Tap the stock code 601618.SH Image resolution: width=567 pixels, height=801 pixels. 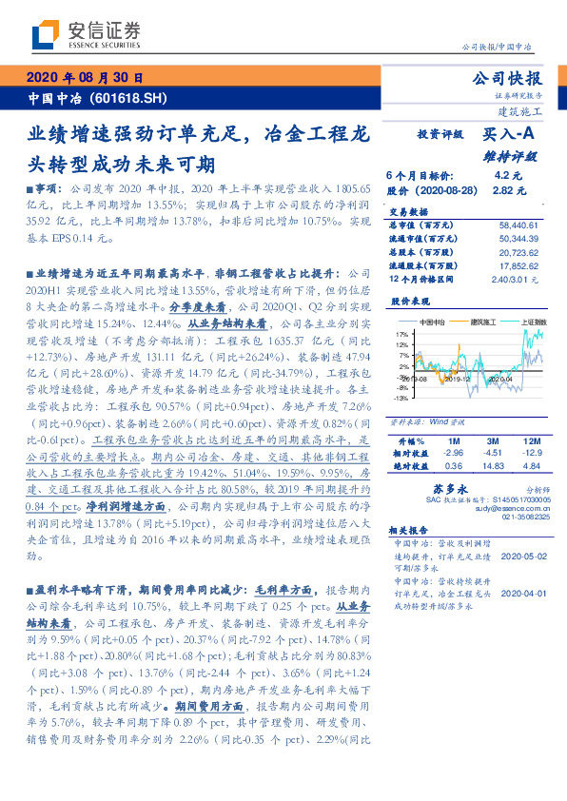pyautogui.click(x=130, y=98)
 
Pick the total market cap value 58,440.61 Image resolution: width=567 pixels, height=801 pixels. pyautogui.click(x=518, y=222)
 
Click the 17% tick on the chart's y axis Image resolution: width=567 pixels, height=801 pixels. pyautogui.click(x=402, y=335)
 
